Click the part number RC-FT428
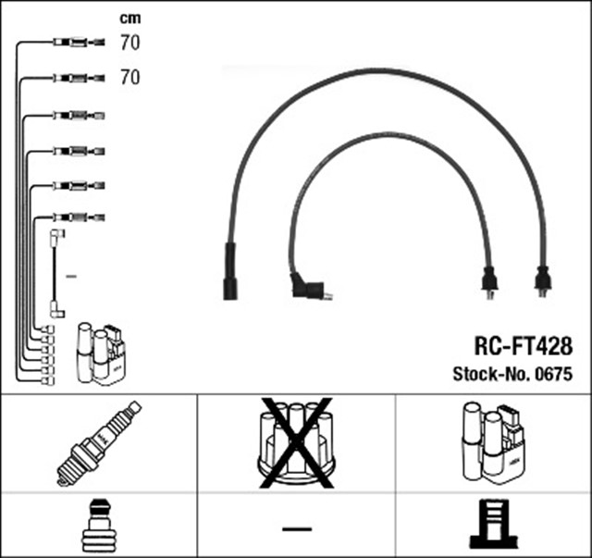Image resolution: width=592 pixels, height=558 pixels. point(524,346)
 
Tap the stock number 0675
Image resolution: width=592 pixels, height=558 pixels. point(553,375)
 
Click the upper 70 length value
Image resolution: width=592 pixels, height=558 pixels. point(129,42)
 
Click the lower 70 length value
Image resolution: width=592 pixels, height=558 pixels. point(129,78)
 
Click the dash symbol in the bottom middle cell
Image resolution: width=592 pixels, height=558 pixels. point(295,528)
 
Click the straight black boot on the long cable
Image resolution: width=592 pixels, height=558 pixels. point(230,271)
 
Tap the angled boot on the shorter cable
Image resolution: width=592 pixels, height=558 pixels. point(307,288)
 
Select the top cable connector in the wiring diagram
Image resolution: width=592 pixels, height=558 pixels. point(72,42)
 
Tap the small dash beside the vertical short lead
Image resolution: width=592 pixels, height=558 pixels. point(72,276)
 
